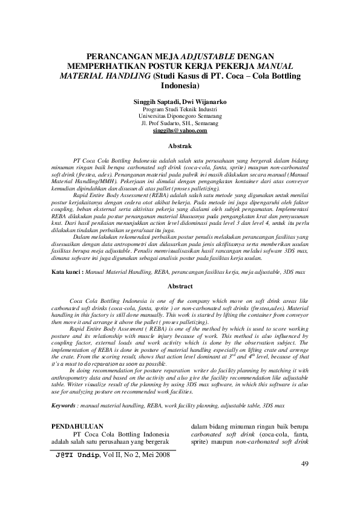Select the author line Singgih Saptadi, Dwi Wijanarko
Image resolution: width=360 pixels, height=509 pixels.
pos(180,102)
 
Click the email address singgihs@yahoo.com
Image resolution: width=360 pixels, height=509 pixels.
pos(180,130)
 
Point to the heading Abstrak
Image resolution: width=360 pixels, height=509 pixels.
pos(180,146)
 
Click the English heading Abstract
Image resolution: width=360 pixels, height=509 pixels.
pos(180,286)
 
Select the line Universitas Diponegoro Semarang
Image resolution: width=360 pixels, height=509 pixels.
pos(180,115)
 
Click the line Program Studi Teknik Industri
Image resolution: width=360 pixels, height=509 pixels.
pos(180,109)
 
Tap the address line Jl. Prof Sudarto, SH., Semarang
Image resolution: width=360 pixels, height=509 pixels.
pos(180,123)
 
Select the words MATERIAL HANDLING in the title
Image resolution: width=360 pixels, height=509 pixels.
pos(105,76)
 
